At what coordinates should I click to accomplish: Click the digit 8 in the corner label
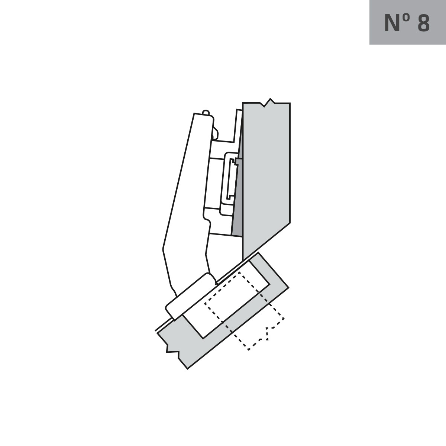[x=424, y=23]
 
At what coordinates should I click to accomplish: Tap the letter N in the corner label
[x=392, y=23]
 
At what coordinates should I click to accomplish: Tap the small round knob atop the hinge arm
[x=206, y=112]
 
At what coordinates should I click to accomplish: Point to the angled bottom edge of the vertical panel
[x=266, y=242]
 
